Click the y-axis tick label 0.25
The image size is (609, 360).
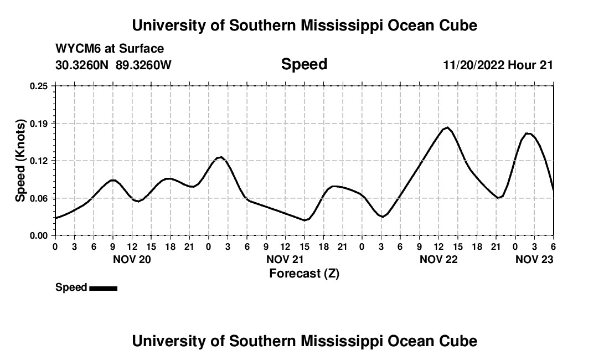coord(39,86)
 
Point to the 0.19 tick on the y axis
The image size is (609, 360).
coord(39,123)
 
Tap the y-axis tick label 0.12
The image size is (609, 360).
coord(39,161)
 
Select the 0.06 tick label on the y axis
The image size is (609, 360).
coord(39,198)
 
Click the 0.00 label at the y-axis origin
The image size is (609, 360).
coord(39,235)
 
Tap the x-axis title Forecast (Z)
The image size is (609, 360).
coord(304,273)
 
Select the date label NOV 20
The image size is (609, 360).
coord(132,259)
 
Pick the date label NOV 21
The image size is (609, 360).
coord(285,259)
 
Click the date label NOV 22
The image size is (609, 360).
coord(438,259)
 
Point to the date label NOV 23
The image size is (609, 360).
coord(534,259)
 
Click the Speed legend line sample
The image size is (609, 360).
coord(103,288)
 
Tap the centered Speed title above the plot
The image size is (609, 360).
coord(304,64)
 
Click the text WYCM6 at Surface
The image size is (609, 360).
coord(110,49)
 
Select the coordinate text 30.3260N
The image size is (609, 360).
coord(83,65)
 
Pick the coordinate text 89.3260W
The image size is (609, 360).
coord(144,65)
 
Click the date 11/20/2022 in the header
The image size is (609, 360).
coord(473,65)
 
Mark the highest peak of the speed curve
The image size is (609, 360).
coord(447,128)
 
